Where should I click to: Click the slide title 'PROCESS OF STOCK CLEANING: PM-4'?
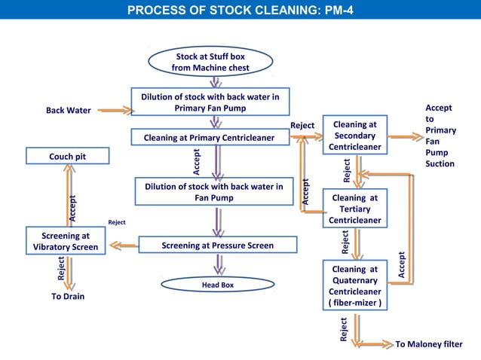tap(240, 11)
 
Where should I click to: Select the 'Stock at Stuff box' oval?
tap(210, 62)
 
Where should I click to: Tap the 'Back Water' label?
tap(69, 111)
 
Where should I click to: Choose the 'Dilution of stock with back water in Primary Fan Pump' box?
tap(210, 102)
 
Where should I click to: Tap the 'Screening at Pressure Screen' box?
tap(217, 246)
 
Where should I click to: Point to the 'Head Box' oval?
tap(217, 285)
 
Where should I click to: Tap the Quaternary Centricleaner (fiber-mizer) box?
tap(354, 285)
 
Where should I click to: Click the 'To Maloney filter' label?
tap(429, 344)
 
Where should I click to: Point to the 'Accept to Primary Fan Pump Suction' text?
tap(440, 136)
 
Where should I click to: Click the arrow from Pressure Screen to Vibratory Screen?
tap(122, 245)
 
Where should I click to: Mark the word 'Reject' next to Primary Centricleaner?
tap(302, 125)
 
